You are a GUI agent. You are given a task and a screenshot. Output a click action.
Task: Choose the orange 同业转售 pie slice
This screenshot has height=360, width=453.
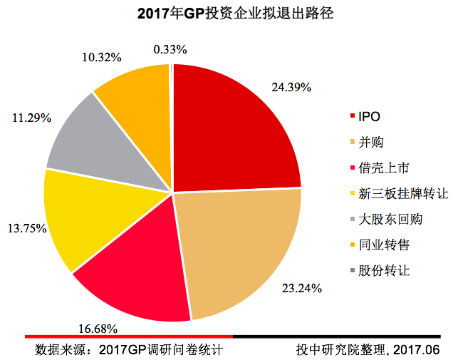click(x=135, y=89)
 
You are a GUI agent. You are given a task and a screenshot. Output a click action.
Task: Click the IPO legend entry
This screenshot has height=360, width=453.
click(x=370, y=115)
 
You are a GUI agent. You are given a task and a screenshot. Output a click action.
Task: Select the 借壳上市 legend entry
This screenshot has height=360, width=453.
click(x=385, y=168)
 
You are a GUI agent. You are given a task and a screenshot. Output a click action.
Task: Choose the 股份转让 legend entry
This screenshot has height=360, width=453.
click(x=385, y=271)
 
